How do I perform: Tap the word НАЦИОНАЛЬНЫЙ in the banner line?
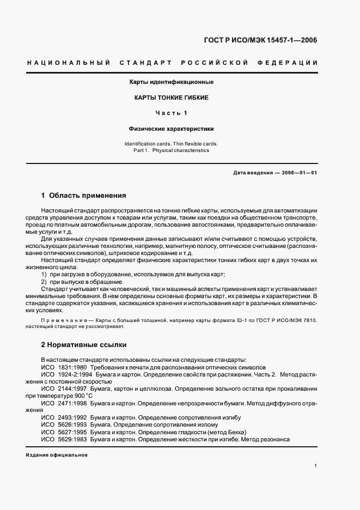[x=65, y=63]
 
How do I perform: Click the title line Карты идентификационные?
[x=171, y=82]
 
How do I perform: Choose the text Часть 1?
[x=171, y=113]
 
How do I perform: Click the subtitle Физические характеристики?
[x=171, y=129]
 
